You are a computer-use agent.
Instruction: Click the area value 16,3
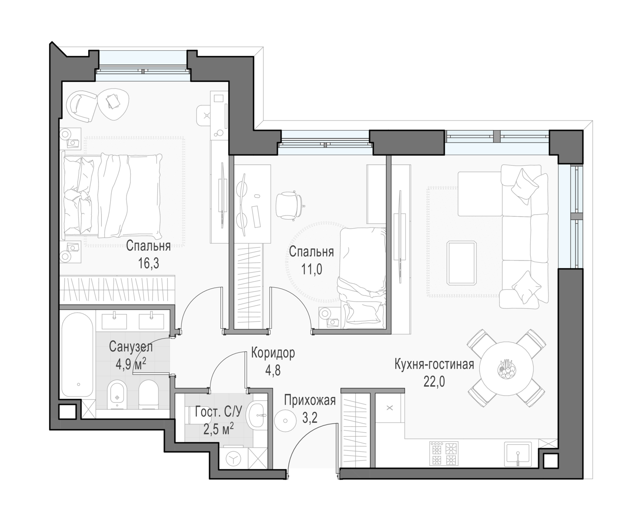[149, 263]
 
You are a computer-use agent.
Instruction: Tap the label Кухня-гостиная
[434, 364]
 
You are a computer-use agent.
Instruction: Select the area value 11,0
[311, 269]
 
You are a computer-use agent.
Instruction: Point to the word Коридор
[273, 353]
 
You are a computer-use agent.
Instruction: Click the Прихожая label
[310, 400]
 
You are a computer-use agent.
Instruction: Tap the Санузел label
[131, 347]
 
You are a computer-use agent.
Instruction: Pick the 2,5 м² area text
[219, 429]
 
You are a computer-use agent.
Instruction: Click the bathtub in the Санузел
[78, 355]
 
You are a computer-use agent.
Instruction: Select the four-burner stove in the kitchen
[444, 453]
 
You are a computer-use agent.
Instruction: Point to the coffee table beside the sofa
[461, 263]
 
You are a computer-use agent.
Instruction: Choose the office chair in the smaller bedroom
[289, 205]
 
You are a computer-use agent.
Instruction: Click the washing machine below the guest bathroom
[233, 459]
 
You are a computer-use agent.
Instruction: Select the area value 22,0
[434, 382]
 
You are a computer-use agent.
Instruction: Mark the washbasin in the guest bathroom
[256, 416]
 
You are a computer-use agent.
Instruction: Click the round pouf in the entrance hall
[285, 421]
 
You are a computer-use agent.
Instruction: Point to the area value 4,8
[273, 370]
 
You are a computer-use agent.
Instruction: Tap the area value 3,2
[310, 418]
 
